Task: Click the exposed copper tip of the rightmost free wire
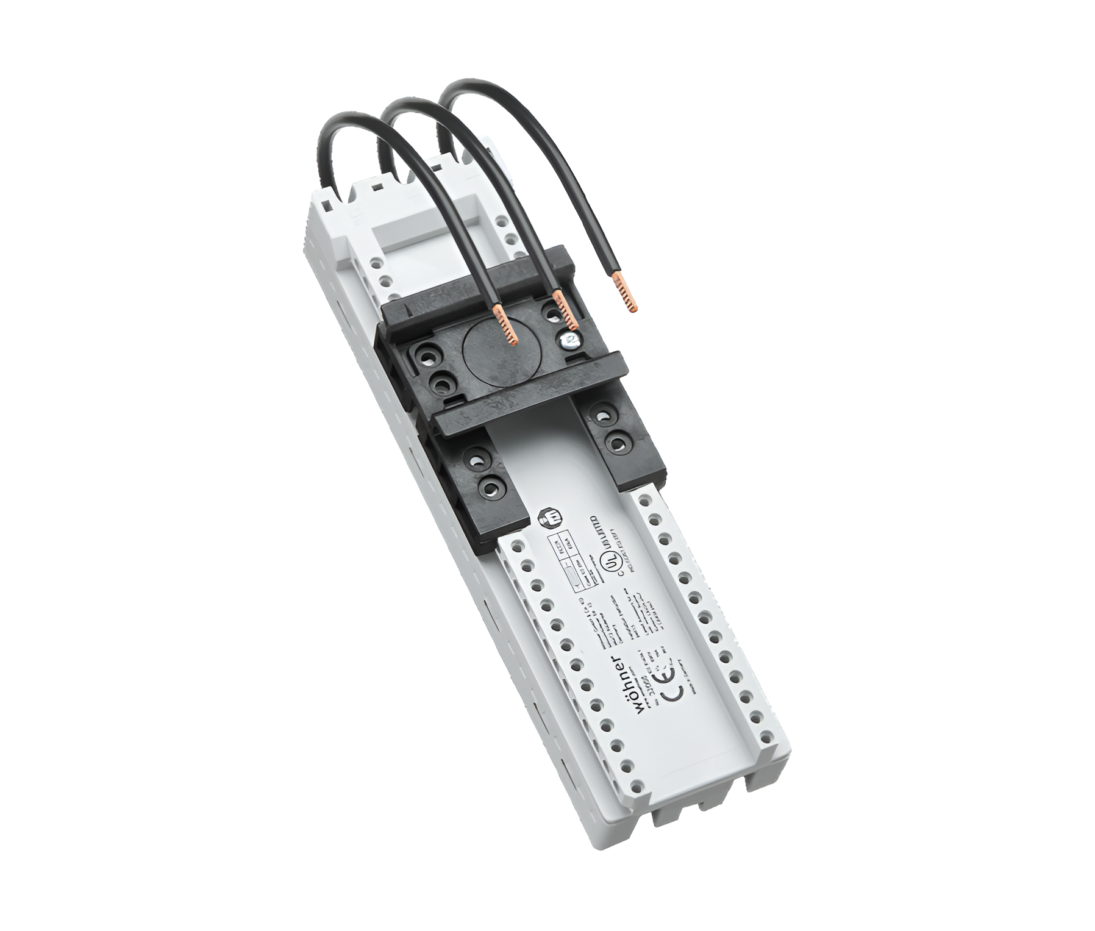[627, 293]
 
